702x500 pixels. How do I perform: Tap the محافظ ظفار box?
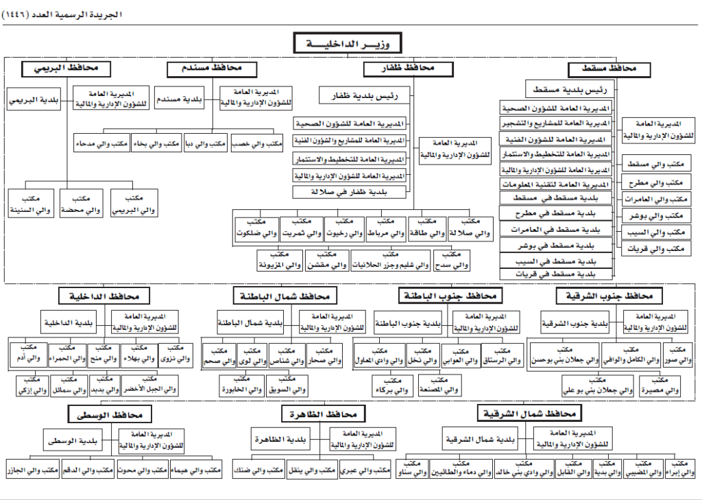[408, 69]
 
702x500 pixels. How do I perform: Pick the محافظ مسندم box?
[212, 69]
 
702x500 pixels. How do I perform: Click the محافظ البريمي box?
[66, 69]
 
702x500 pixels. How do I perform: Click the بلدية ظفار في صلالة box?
[350, 193]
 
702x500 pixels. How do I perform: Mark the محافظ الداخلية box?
[104, 296]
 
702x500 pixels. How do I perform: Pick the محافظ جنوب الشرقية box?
[609, 296]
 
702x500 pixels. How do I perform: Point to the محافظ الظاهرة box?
[323, 414]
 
